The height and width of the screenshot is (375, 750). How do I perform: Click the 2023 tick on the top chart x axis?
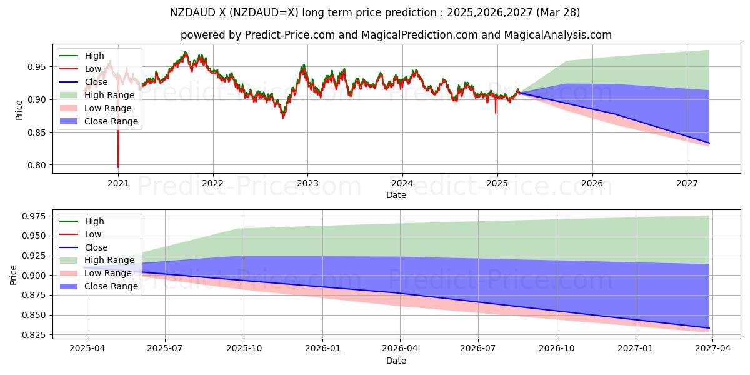[x=307, y=183]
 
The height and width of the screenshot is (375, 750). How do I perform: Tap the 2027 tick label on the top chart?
[x=687, y=183]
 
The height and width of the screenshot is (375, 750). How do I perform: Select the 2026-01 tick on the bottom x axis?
[x=322, y=349]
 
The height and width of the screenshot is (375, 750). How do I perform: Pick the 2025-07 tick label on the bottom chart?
[x=165, y=349]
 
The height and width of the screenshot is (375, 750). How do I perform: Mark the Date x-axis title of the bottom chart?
[x=396, y=361]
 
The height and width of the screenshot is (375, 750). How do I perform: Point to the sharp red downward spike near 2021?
[x=118, y=164]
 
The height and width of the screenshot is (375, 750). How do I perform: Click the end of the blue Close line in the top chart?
[x=709, y=143]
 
